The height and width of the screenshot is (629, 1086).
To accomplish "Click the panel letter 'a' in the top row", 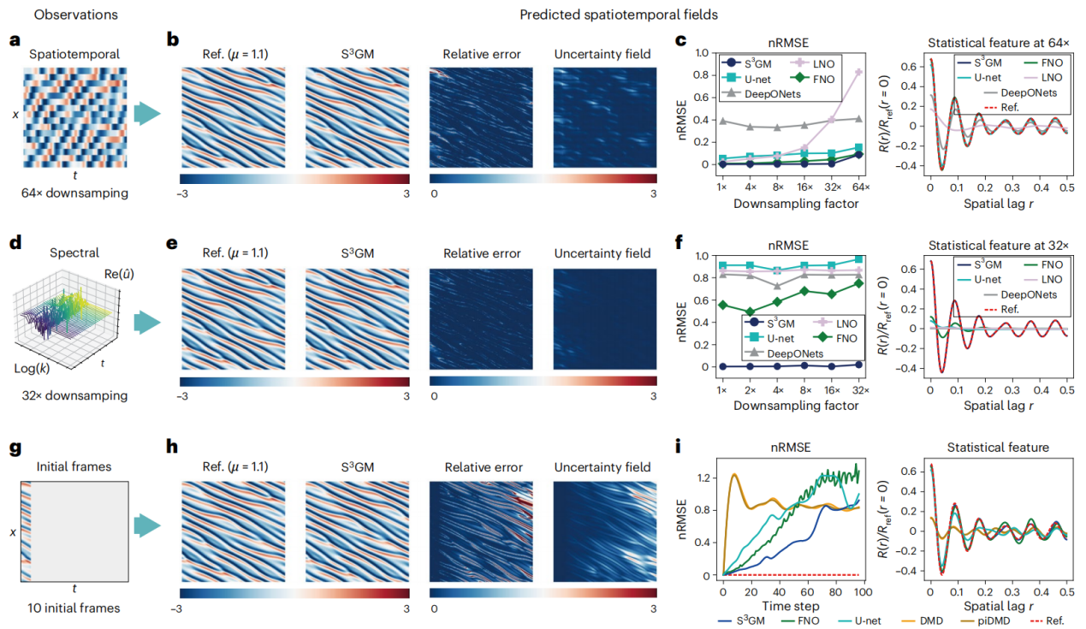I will click(x=15, y=40).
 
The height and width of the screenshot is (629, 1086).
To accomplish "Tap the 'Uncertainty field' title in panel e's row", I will click(x=605, y=253).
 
